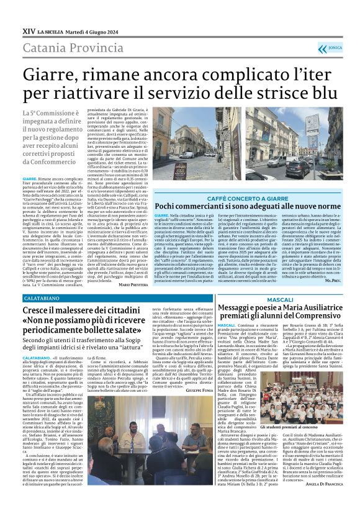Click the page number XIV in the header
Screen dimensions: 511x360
pyautogui.click(x=28, y=30)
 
